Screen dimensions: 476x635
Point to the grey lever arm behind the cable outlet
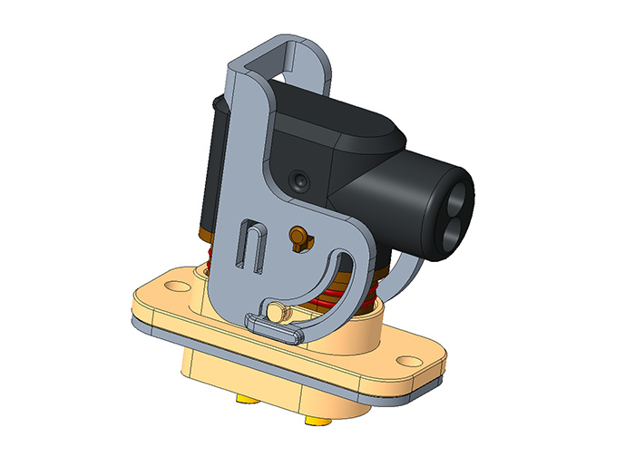[403, 273]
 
